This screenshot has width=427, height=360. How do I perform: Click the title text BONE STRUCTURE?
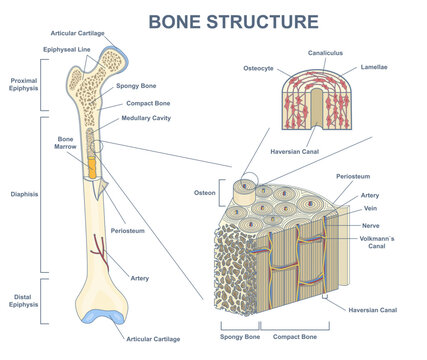(x=233, y=20)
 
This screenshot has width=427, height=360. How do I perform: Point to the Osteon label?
(x=206, y=191)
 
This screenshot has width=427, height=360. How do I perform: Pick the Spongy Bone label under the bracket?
(x=240, y=338)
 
